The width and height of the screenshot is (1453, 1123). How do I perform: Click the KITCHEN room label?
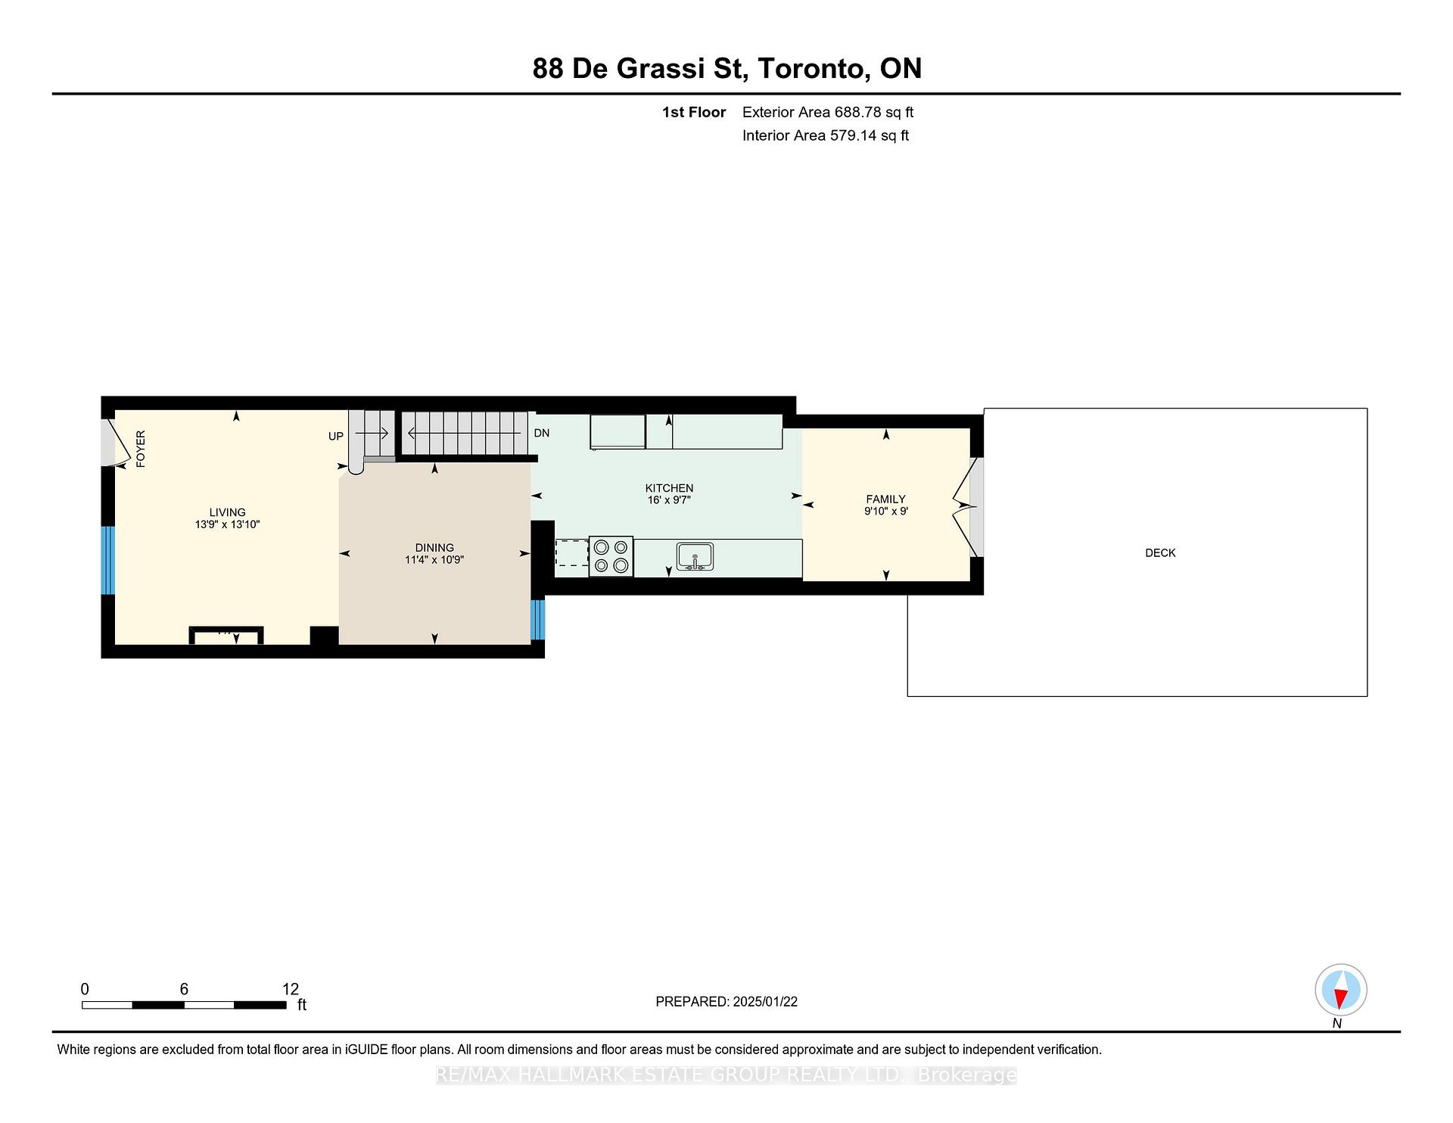pyautogui.click(x=669, y=488)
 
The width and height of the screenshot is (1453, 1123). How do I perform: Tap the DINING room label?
pyautogui.click(x=434, y=548)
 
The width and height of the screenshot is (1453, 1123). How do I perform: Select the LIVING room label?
pyautogui.click(x=228, y=512)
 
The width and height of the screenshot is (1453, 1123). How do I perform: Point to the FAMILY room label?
pyautogui.click(x=885, y=499)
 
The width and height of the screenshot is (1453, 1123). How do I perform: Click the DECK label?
pyautogui.click(x=1160, y=553)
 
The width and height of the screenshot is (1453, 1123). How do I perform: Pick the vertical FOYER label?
pyautogui.click(x=141, y=449)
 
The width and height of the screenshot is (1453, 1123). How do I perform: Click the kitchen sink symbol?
pyautogui.click(x=695, y=557)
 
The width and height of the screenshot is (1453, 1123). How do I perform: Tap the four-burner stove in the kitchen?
pyautogui.click(x=611, y=556)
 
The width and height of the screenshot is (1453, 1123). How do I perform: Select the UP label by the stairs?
pyautogui.click(x=336, y=436)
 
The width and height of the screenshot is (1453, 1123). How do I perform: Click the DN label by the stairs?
pyautogui.click(x=542, y=433)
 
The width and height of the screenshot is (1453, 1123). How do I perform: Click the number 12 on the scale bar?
pyautogui.click(x=291, y=989)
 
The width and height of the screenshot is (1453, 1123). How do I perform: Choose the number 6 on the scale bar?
pyautogui.click(x=184, y=989)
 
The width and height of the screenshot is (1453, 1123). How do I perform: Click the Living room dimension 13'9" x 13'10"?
pyautogui.click(x=227, y=524)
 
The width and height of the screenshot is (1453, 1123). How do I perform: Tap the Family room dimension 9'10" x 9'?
pyautogui.click(x=886, y=511)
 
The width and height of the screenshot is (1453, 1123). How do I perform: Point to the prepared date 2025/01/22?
pyautogui.click(x=765, y=1002)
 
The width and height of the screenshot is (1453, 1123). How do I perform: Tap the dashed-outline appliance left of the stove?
pyautogui.click(x=572, y=553)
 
